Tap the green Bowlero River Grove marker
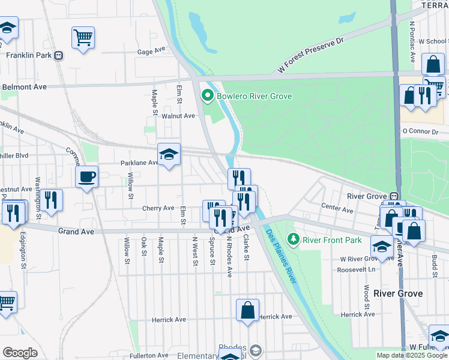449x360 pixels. tap(208, 95)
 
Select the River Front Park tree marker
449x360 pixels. tap(293, 240)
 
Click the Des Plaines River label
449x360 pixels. tap(281, 255)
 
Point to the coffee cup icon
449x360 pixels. tap(86, 176)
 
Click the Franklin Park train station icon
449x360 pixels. tap(58, 55)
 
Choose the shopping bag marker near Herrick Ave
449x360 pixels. tap(247, 310)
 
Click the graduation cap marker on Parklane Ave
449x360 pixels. tap(169, 154)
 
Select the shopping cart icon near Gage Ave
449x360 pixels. tap(83, 37)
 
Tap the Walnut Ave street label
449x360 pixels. tap(179, 116)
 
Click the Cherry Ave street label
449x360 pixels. tap(158, 208)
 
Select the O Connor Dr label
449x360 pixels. tap(420, 130)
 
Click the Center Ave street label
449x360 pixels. tap(337, 210)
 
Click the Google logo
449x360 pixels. tap(20, 353)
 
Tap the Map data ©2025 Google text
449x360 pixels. tap(412, 355)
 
